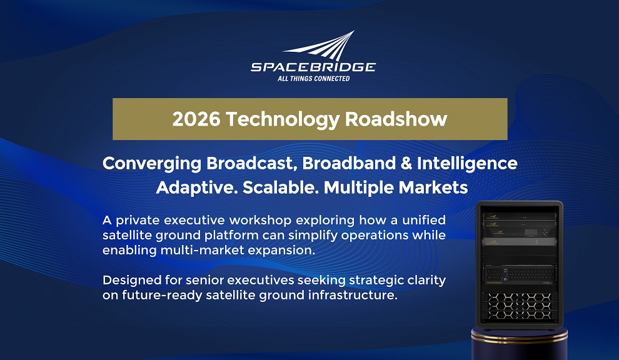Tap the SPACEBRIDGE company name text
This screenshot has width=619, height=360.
(x=313, y=67)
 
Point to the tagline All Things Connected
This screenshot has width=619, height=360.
(x=313, y=79)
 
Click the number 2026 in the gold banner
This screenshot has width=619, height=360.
(x=196, y=119)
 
